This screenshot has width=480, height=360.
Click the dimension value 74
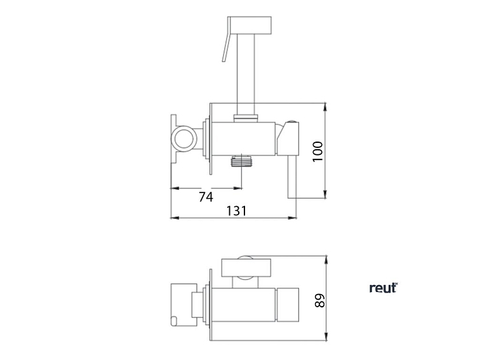(206, 197)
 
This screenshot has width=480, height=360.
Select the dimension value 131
(236, 211)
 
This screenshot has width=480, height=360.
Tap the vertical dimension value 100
(317, 152)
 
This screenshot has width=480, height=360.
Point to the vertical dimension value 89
(320, 300)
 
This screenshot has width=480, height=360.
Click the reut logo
(383, 288)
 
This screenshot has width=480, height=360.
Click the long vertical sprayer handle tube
(246, 74)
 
